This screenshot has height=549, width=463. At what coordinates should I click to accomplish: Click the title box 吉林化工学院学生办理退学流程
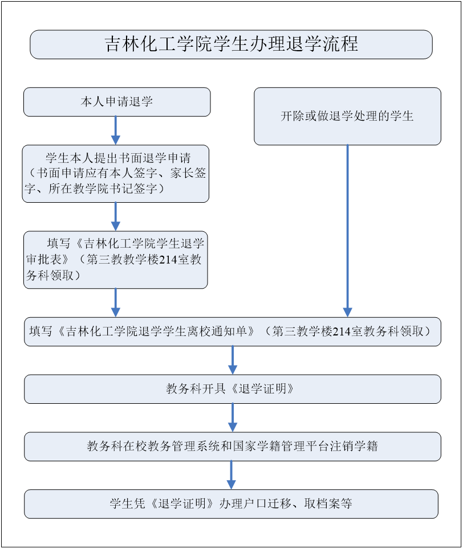tap(231, 44)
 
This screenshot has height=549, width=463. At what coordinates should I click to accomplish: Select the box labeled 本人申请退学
tap(117, 102)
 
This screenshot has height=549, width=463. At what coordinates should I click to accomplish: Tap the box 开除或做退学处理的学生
tap(347, 116)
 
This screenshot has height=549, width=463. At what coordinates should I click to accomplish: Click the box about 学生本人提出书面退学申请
tap(116, 174)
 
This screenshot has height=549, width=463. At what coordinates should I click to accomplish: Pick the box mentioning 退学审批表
tap(116, 260)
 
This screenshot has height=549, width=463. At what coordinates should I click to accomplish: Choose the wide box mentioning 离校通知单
tap(233, 331)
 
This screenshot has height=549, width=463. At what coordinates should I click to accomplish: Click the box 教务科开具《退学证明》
tap(233, 389)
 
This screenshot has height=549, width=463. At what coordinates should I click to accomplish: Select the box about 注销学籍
tap(233, 446)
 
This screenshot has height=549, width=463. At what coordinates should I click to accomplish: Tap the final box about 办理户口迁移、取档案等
tap(231, 504)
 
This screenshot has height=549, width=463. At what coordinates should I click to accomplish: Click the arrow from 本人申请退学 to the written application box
tap(116, 130)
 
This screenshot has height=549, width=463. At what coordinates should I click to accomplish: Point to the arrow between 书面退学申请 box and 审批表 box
tap(116, 217)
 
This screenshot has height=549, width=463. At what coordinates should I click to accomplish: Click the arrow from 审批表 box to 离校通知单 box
tap(116, 303)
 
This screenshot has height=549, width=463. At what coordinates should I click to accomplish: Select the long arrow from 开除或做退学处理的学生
tap(347, 231)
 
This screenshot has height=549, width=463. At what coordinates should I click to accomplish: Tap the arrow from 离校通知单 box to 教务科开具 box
tap(233, 360)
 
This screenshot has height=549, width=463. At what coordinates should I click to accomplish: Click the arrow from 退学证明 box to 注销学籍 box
tap(233, 417)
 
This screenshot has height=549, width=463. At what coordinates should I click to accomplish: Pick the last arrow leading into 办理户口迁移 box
tap(231, 475)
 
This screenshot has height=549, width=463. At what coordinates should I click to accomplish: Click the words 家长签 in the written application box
tap(188, 173)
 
